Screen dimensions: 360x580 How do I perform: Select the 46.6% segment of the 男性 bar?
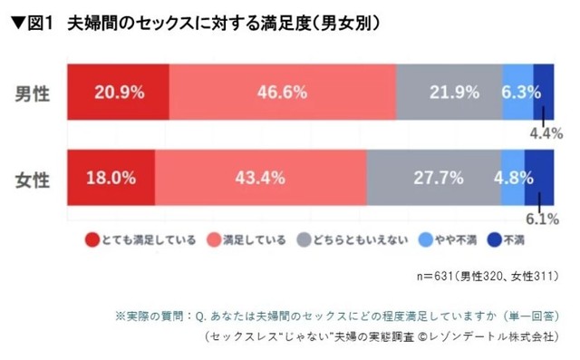click(x=282, y=92)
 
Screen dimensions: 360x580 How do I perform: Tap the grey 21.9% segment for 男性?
click(x=449, y=92)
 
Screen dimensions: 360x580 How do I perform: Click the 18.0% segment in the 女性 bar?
click(x=111, y=177)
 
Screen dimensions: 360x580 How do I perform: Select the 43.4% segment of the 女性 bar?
click(x=261, y=177)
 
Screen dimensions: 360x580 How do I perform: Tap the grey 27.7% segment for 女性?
click(x=433, y=177)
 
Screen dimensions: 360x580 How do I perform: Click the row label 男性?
click(x=34, y=92)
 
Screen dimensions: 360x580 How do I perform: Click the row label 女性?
click(x=34, y=178)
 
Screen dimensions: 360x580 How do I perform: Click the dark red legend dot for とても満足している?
click(x=92, y=241)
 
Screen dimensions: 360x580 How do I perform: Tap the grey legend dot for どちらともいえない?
click(x=305, y=241)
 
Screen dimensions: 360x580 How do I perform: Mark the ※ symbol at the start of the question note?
click(x=121, y=316)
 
